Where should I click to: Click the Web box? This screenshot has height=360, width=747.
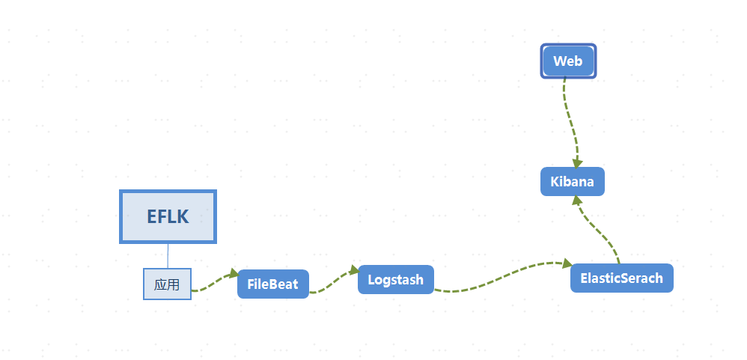[x=568, y=61]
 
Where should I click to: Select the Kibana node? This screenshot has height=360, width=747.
[x=572, y=182]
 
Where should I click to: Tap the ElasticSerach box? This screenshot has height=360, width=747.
[x=621, y=278]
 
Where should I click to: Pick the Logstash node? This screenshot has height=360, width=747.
[x=395, y=279]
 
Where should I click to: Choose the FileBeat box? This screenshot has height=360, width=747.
[x=272, y=284]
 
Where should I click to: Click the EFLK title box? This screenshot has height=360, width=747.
[x=168, y=216]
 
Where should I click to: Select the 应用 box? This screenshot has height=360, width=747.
[x=167, y=284]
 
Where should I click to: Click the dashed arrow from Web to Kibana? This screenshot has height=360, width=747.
[x=569, y=120]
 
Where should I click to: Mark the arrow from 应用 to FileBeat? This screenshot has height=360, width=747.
[x=213, y=282]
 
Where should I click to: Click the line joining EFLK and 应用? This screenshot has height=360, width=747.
[x=168, y=255]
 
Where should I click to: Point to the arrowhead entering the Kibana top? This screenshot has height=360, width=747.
[x=578, y=162]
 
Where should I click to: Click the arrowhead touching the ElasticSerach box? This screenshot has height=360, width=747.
[x=567, y=263]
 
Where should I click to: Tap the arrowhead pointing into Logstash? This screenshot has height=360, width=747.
[x=354, y=270]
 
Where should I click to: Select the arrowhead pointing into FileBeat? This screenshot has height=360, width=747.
[x=233, y=274]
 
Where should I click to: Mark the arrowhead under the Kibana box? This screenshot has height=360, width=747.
[x=576, y=201]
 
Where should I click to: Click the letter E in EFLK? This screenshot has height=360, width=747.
[x=152, y=217]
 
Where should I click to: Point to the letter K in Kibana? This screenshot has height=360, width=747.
[x=555, y=182]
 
